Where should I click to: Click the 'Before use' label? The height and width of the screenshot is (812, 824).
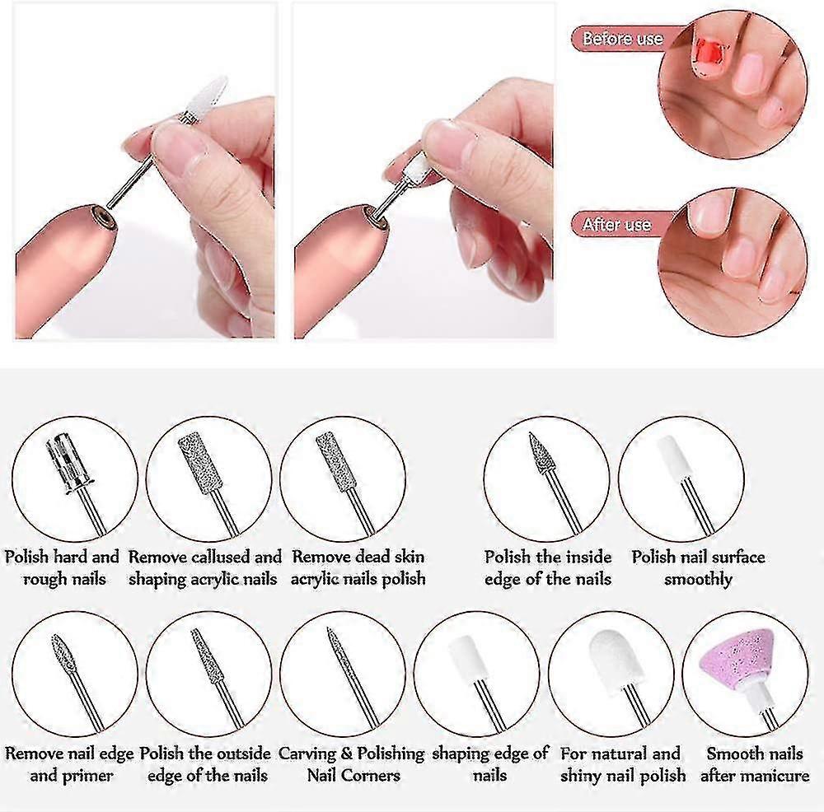point(622,39)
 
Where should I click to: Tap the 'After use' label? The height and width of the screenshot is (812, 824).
point(616,224)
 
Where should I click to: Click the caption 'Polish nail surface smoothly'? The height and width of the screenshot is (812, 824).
point(698,567)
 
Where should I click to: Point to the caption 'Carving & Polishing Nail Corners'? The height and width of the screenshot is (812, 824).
point(352,764)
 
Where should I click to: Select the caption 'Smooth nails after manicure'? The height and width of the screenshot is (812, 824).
point(755,764)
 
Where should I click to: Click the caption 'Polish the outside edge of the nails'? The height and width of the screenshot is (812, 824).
point(205,764)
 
